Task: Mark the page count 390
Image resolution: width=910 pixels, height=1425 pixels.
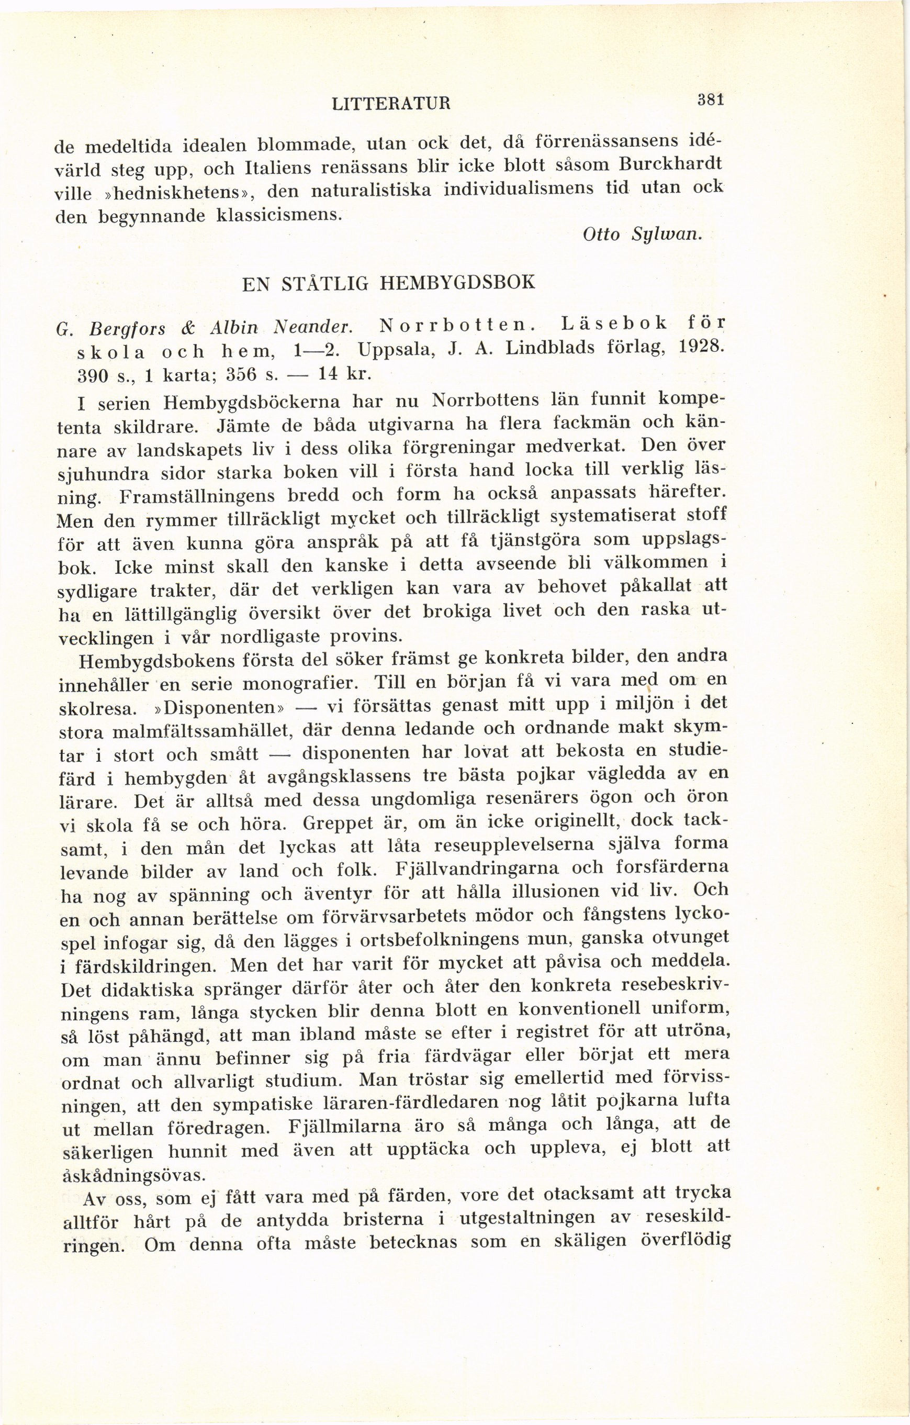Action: pos(92,375)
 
